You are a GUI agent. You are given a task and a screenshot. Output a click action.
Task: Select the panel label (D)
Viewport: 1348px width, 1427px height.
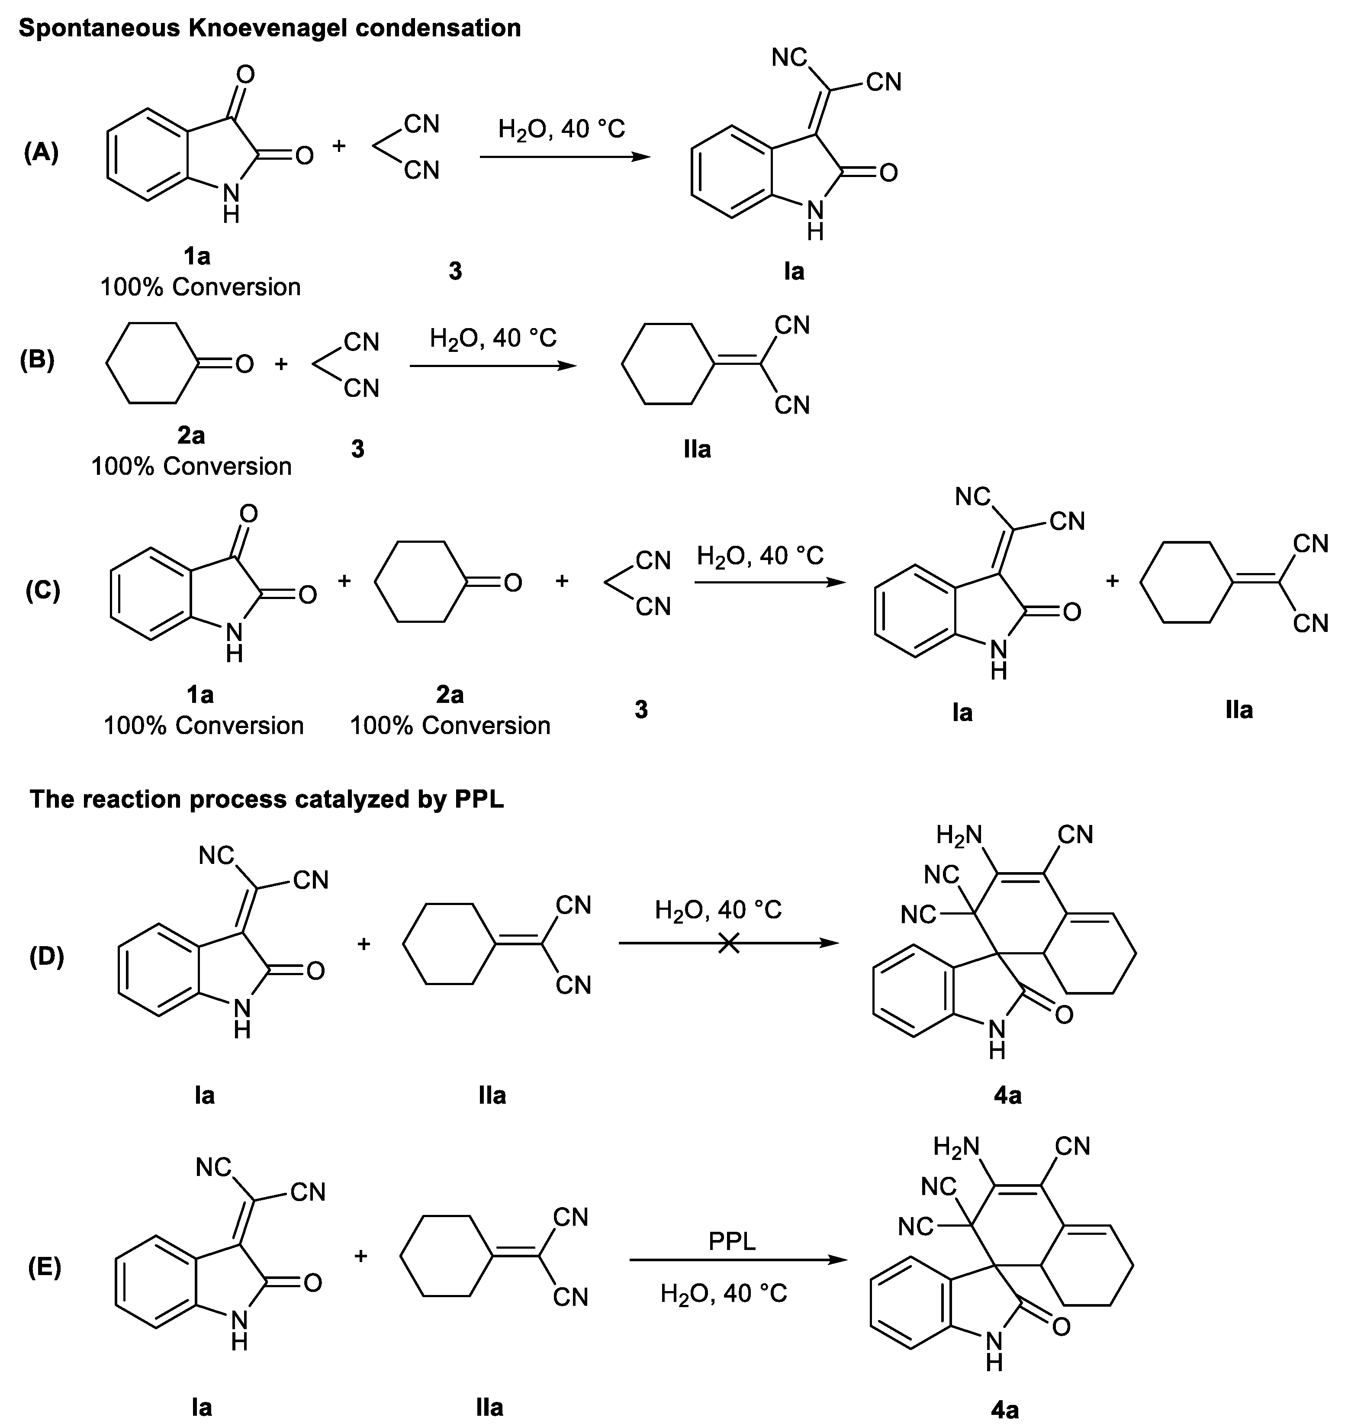(47, 957)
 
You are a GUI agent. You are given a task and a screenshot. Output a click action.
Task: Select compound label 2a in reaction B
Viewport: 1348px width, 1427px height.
(191, 435)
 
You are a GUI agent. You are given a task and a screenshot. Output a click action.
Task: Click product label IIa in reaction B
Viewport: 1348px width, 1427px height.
(697, 449)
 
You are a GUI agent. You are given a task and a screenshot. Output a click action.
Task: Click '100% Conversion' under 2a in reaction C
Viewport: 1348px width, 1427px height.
(450, 726)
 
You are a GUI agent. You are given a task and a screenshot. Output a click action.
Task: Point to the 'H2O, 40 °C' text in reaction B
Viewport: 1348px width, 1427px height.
(493, 338)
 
